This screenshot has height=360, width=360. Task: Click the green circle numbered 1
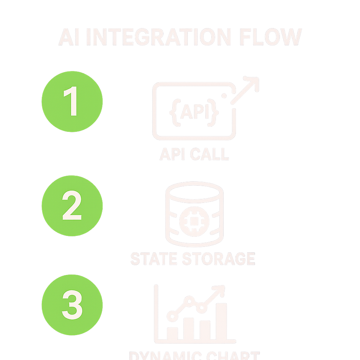point(72,102)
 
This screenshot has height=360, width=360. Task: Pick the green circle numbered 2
point(72,206)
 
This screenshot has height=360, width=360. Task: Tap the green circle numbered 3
point(72,304)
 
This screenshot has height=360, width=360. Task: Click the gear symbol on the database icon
point(194,220)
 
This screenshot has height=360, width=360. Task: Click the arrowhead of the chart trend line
point(219,290)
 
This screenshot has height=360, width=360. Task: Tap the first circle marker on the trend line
point(172,316)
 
